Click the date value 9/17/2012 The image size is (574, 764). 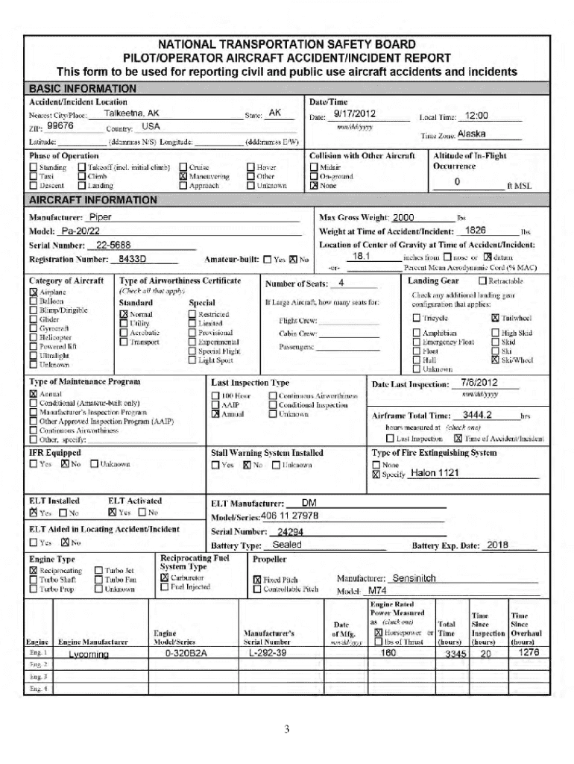click(354, 114)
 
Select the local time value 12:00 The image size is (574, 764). click(476, 116)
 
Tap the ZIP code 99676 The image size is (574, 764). click(60, 126)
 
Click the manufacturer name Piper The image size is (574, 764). click(100, 217)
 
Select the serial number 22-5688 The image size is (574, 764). click(113, 245)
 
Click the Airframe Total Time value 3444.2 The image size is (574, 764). click(476, 414)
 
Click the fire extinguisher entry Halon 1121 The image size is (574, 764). click(435, 473)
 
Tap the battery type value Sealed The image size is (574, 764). click(287, 545)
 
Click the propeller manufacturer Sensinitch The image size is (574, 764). click(414, 578)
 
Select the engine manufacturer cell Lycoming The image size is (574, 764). click(88, 654)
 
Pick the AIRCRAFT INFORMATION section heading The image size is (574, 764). click(92, 200)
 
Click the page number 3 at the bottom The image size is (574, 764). click(286, 729)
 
